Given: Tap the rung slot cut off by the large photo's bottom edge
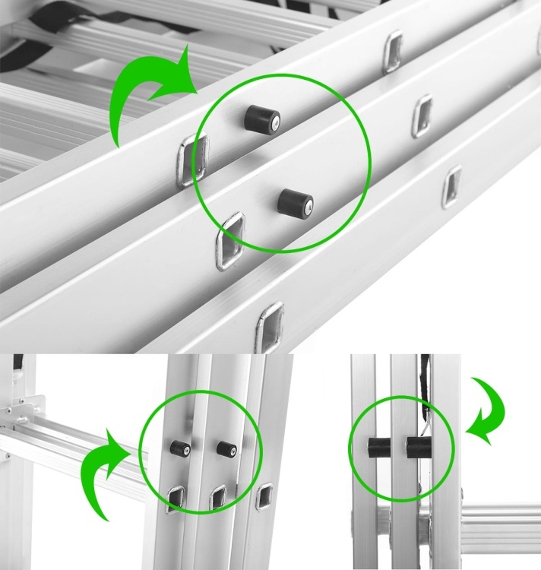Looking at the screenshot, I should (270, 327).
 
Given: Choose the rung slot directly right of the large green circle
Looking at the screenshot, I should (423, 115).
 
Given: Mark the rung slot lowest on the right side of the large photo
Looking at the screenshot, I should (451, 185).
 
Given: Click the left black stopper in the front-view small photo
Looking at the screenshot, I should (179, 448).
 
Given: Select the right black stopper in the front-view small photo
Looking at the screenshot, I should (226, 448).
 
